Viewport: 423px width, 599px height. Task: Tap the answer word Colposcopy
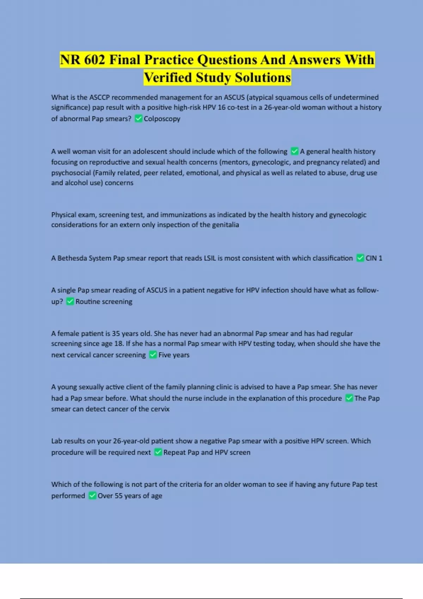[x=162, y=119]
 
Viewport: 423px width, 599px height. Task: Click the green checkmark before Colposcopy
[x=139, y=118]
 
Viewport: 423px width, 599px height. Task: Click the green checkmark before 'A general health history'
[x=294, y=151]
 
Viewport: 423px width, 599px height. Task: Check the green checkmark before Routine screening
[x=70, y=301]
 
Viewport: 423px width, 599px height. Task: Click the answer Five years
[x=174, y=355]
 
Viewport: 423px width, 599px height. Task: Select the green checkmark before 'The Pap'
[x=349, y=398]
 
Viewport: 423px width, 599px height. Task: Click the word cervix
[x=161, y=409]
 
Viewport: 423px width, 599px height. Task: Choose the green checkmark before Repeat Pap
[x=158, y=452]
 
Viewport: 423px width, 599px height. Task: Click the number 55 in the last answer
[x=119, y=496]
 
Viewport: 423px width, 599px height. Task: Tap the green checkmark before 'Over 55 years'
[x=92, y=495]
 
